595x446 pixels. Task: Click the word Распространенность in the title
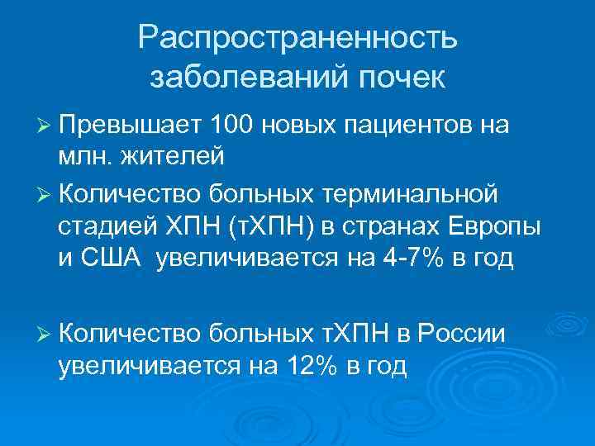point(297,37)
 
